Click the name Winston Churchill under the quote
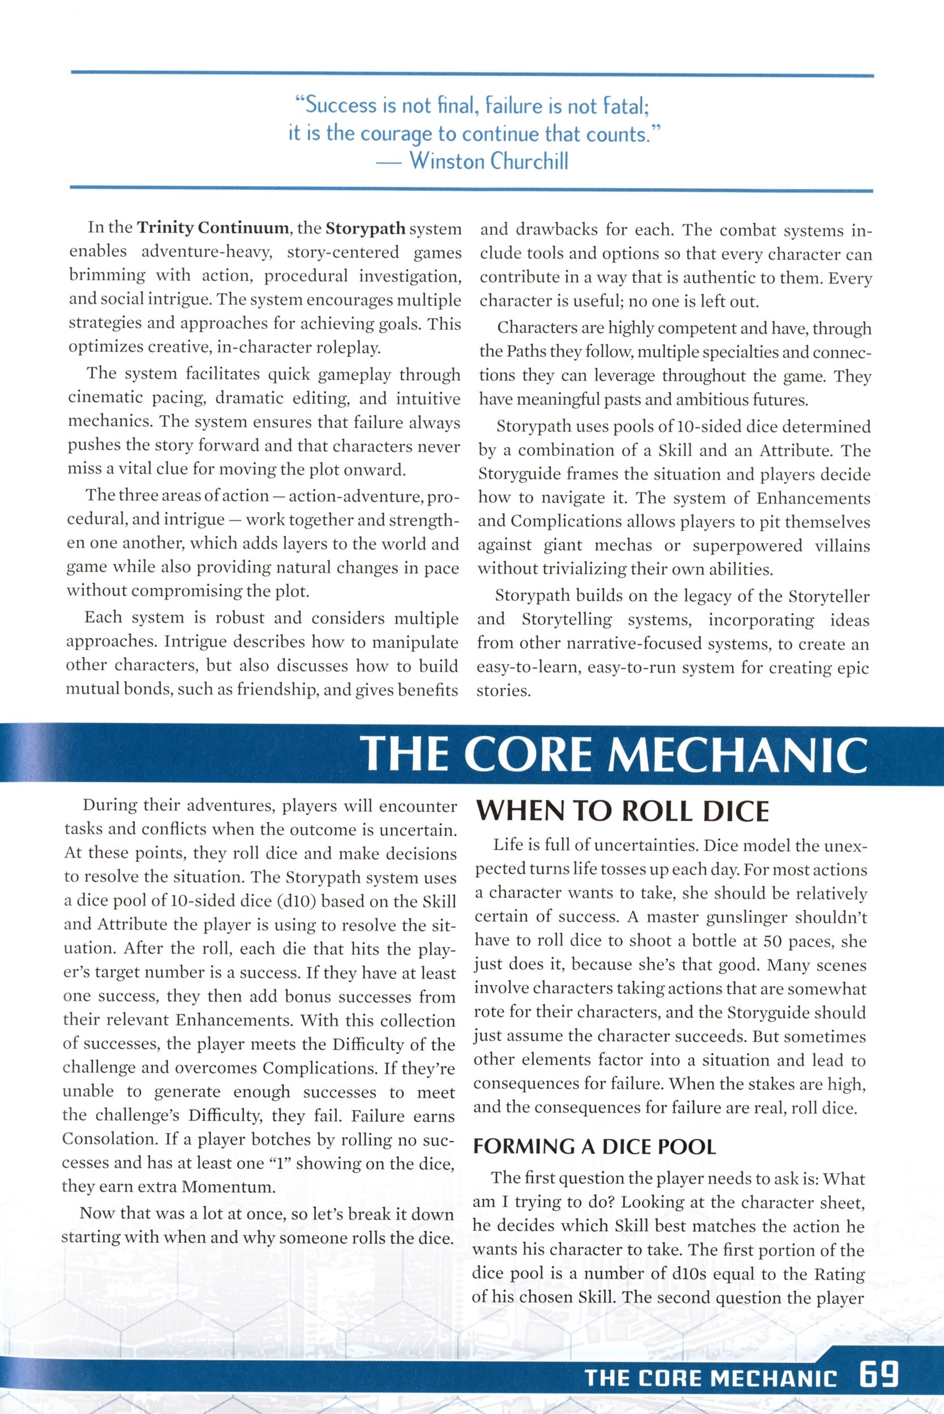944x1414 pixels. click(x=488, y=161)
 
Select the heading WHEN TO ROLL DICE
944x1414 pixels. click(x=623, y=812)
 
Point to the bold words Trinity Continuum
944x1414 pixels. click(x=213, y=228)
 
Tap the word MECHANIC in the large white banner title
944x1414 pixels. click(x=738, y=754)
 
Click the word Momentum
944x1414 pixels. click(x=228, y=1187)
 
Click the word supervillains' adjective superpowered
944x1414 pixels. click(x=746, y=546)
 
